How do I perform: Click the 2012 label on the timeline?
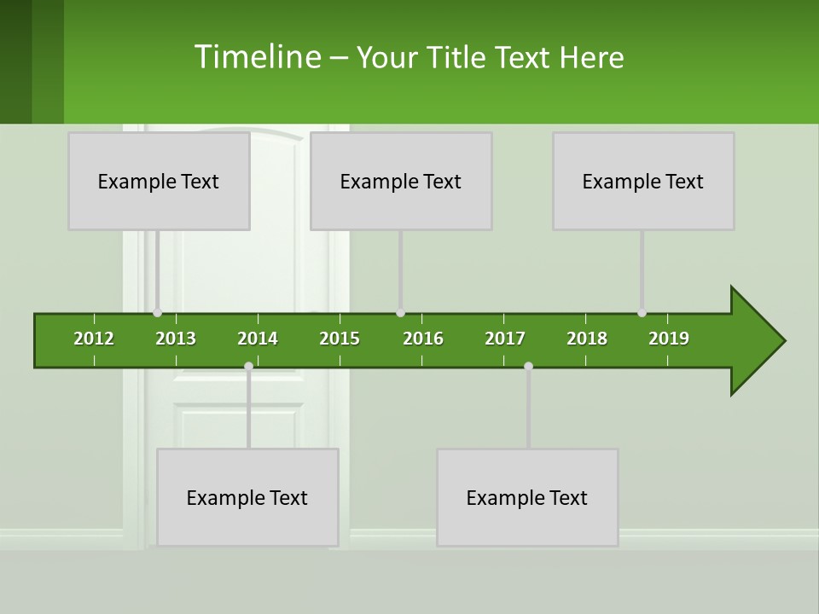click(94, 339)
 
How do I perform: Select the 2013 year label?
click(176, 339)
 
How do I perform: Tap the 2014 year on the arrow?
click(258, 339)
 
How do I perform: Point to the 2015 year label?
click(340, 339)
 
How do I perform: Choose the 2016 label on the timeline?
click(423, 339)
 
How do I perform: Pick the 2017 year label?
click(505, 339)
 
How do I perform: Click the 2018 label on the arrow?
click(587, 339)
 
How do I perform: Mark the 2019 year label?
click(669, 339)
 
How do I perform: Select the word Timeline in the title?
click(257, 57)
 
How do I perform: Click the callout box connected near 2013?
click(159, 181)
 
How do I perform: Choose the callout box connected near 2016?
click(401, 181)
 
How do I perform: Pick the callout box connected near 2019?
click(643, 181)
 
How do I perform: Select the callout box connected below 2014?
click(247, 497)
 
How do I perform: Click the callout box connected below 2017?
click(527, 497)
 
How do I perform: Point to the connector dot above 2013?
click(157, 313)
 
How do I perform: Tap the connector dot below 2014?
click(248, 367)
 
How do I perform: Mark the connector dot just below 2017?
click(528, 367)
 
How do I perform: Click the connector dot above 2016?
click(400, 313)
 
